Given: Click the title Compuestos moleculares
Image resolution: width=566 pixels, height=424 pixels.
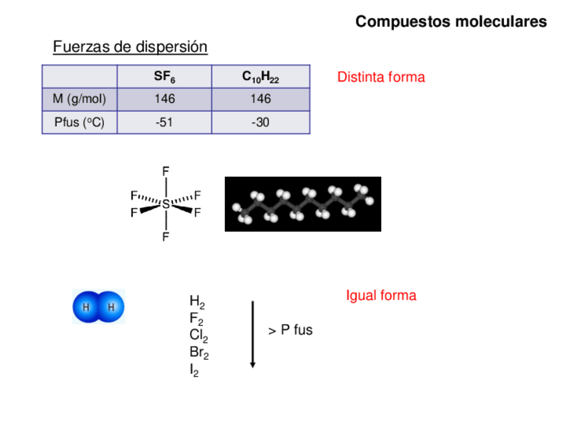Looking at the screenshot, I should [x=451, y=22].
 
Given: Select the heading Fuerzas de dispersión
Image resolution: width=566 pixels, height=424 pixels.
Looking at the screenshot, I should [x=130, y=47].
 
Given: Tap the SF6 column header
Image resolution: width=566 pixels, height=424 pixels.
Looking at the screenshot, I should [x=164, y=77].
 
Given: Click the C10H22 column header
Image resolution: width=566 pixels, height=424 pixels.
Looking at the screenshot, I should [x=260, y=77].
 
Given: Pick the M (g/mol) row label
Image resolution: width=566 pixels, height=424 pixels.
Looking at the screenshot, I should [x=79, y=99].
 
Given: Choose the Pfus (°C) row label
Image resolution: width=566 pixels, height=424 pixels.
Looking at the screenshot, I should [x=79, y=123].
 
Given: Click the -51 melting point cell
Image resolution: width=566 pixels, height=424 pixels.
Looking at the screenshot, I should [x=164, y=123].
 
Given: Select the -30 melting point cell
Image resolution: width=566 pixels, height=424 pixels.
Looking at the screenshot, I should [x=260, y=123].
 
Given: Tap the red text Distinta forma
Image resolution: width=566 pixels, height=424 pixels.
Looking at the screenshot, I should [x=381, y=77].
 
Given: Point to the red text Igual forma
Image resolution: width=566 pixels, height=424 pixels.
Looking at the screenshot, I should [x=381, y=295].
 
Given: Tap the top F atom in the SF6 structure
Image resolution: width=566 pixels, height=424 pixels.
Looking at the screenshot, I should [x=166, y=171].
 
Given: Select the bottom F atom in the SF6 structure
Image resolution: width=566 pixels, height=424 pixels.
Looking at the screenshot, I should [x=166, y=237].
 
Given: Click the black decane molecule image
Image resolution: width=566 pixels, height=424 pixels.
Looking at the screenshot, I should [x=303, y=204].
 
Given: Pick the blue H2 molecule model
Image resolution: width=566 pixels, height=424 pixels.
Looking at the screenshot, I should [x=99, y=307].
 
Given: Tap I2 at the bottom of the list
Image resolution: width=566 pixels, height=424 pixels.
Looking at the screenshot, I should [x=194, y=371].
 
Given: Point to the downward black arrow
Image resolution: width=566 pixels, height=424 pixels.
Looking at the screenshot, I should [x=253, y=333].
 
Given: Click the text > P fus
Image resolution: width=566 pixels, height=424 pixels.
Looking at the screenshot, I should [x=290, y=331].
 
